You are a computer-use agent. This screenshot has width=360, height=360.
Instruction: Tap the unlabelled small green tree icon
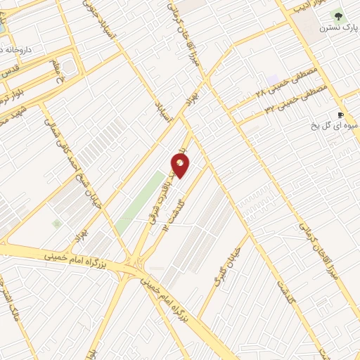click(56, 223)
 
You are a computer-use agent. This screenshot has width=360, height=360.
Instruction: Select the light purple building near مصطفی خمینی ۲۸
click(273, 81)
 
